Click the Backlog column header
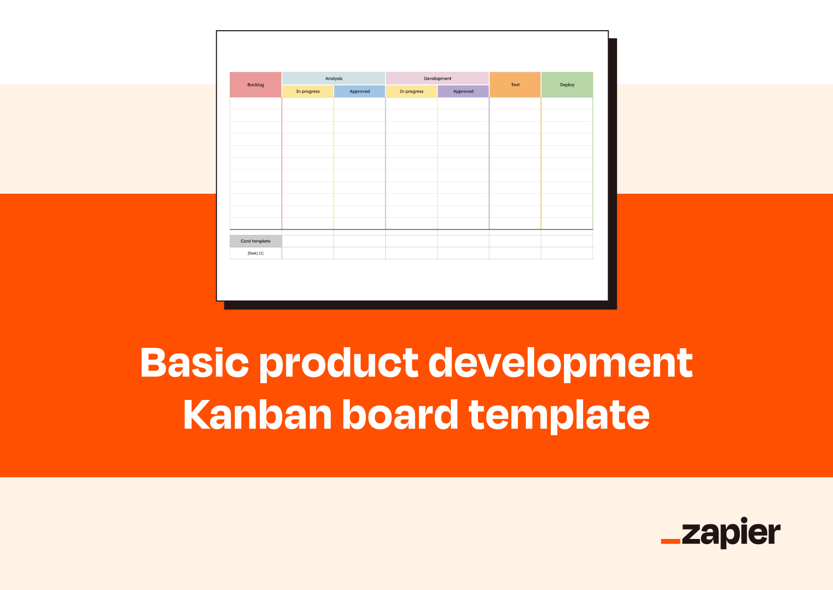coord(256,85)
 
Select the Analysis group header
coord(334,79)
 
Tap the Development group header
coord(437,79)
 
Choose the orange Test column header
coord(515,85)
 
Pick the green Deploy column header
coord(567,85)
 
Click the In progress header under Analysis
coord(308,92)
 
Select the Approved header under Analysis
coord(360,92)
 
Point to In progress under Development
coord(411,92)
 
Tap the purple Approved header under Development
coord(463,92)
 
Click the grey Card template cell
coord(256,241)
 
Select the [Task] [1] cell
coord(256,253)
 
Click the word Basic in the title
coord(195,362)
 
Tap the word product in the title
coord(339,365)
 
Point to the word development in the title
coord(561,365)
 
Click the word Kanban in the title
coord(257,415)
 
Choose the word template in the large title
coord(559,417)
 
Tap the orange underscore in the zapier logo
coord(671,541)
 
